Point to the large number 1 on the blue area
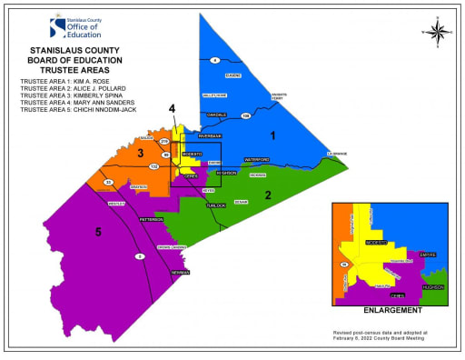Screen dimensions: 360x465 (272, 135)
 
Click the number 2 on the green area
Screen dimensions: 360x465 (268, 195)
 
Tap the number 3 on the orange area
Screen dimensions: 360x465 (141, 154)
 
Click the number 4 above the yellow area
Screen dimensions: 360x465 (172, 109)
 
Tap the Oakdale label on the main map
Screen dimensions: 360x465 (216, 115)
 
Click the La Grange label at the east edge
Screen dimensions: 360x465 (337, 155)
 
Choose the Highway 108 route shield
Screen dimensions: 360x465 (246, 116)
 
